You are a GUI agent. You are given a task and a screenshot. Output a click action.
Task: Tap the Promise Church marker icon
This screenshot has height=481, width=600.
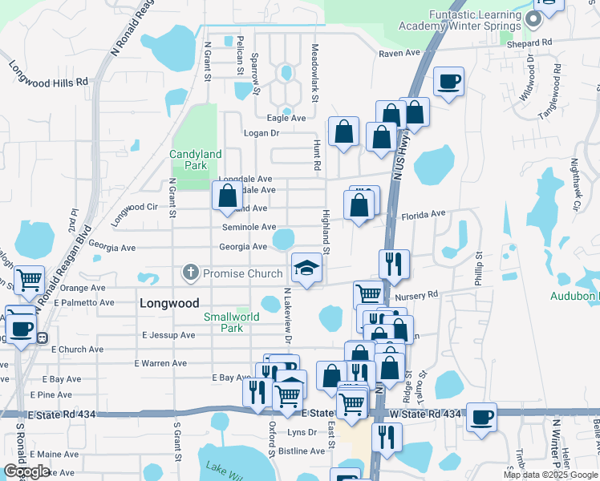pyautogui.click(x=191, y=273)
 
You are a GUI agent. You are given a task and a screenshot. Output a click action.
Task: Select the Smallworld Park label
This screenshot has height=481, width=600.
pyautogui.click(x=231, y=322)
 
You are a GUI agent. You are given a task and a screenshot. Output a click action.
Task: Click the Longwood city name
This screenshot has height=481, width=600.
pyautogui.click(x=168, y=303)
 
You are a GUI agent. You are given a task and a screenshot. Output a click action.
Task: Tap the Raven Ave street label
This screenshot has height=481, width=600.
pyautogui.click(x=399, y=54)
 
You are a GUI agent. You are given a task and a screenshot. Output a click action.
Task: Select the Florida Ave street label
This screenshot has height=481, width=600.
pyautogui.click(x=423, y=214)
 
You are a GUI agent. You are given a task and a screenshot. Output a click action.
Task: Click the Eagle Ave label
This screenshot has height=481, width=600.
pyautogui.click(x=286, y=118)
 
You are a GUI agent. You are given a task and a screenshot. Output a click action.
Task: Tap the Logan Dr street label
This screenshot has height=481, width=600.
pyautogui.click(x=261, y=133)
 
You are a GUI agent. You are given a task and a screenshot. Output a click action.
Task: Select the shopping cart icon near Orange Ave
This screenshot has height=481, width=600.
pyautogui.click(x=29, y=279)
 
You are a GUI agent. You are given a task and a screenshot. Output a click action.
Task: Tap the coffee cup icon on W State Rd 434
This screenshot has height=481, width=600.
pyautogui.click(x=481, y=416)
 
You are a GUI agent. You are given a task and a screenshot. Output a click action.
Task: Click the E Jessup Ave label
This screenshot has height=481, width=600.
pyautogui.click(x=168, y=335)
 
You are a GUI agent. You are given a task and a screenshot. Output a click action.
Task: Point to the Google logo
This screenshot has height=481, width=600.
pyautogui.click(x=26, y=471)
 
